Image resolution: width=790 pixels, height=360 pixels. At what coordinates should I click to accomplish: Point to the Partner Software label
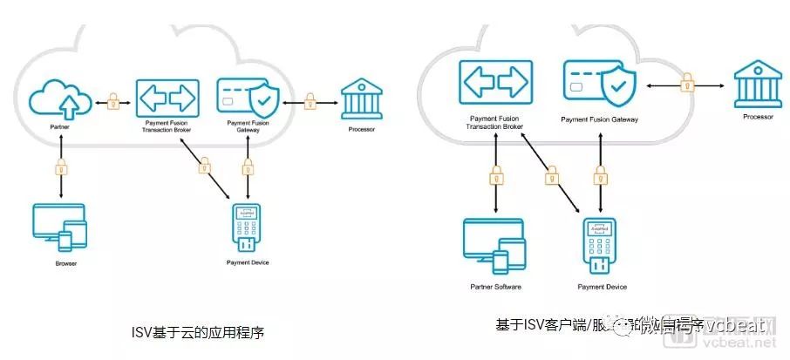[x=494, y=287]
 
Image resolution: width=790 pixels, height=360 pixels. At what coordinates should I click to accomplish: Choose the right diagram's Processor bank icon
[x=758, y=84]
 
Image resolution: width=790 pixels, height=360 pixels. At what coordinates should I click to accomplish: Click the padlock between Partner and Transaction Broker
[x=112, y=102]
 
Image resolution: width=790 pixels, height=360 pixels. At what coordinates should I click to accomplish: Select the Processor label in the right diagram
[x=758, y=117]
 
